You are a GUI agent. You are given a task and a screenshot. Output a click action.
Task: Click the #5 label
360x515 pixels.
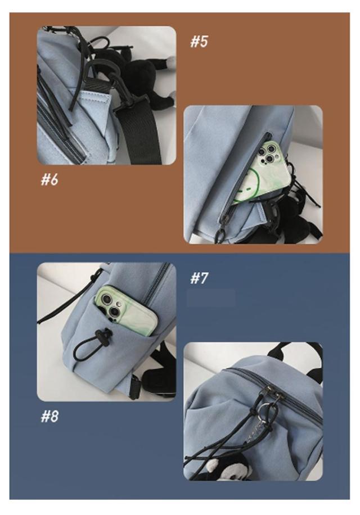coord(199,42)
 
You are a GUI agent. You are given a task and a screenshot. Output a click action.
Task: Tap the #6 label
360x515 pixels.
coord(49,180)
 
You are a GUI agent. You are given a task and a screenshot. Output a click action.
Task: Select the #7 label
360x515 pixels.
coord(199,278)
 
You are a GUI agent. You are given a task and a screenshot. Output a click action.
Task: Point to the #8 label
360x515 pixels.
coord(49,416)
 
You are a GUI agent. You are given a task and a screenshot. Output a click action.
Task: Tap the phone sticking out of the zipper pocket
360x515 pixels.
coord(259,171)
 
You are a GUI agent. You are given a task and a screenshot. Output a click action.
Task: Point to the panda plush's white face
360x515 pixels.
coord(215,468)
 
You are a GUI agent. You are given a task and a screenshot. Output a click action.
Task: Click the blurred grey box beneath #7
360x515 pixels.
coord(211,298)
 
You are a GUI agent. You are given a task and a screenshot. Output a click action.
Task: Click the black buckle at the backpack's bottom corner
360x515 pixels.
coord(136,387)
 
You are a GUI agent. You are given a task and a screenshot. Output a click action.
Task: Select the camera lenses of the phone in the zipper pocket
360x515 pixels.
coord(266,153)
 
